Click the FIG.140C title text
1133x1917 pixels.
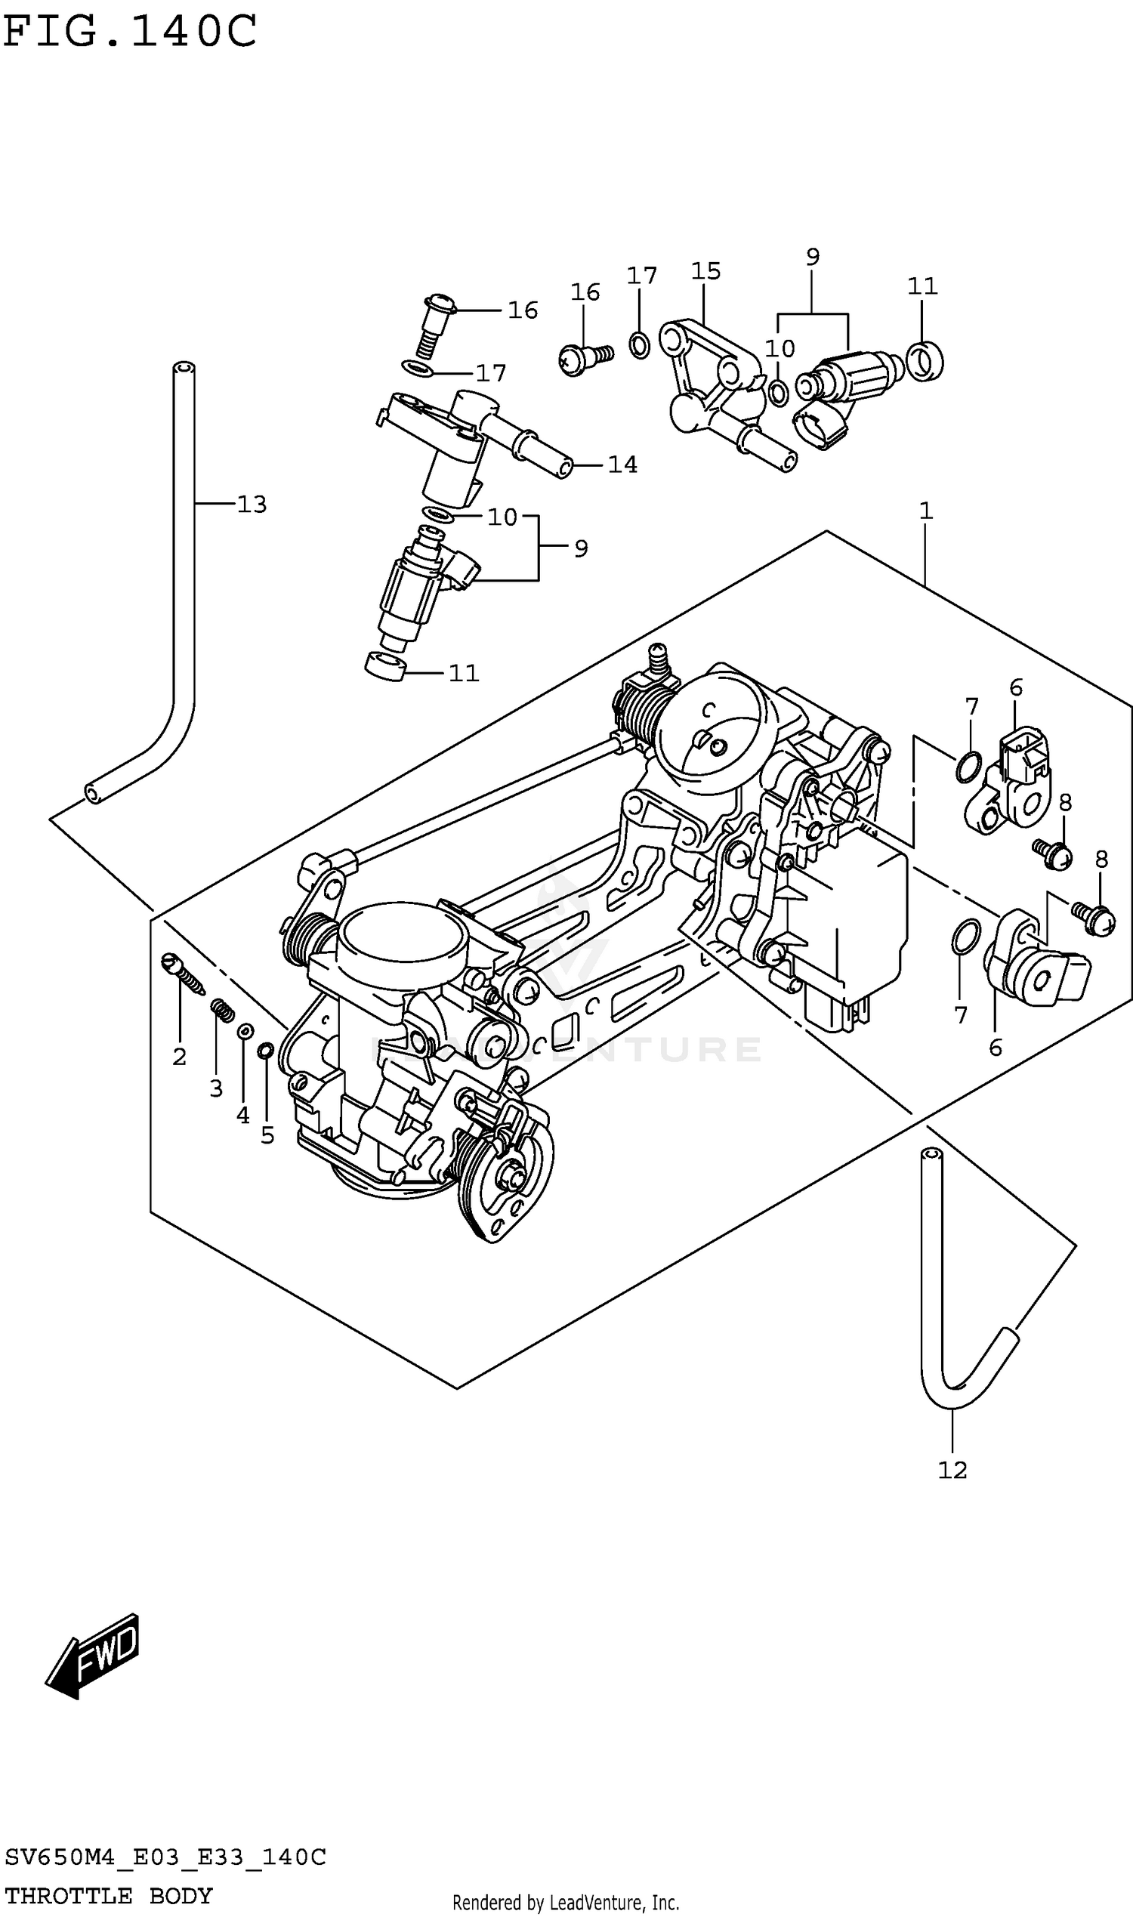(130, 32)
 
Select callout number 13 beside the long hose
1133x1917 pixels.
(252, 505)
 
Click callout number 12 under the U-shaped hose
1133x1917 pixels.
(952, 1470)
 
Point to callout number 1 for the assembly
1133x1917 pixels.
(926, 511)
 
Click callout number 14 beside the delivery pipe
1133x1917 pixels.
(622, 465)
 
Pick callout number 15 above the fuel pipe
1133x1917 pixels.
(705, 271)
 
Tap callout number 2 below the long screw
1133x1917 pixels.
(180, 1057)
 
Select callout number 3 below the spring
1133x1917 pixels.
(216, 1088)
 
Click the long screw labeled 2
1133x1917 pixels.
(184, 974)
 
